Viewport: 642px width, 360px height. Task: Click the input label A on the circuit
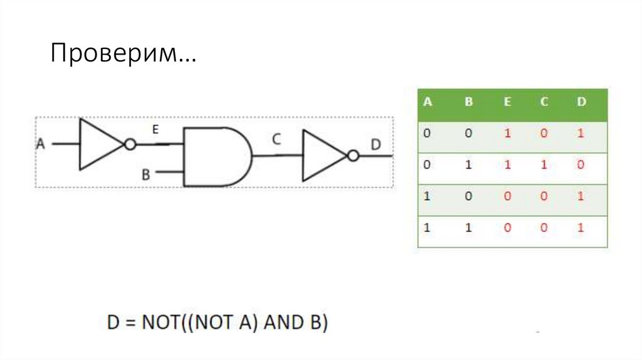pyautogui.click(x=41, y=144)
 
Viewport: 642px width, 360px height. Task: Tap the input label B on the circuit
pyautogui.click(x=146, y=174)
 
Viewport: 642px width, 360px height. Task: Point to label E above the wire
pyautogui.click(x=155, y=130)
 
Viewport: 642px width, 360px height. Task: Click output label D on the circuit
pyautogui.click(x=376, y=145)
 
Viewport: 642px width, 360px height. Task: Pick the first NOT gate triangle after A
pyautogui.click(x=99, y=144)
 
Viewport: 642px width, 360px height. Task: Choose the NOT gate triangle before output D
pyautogui.click(x=322, y=156)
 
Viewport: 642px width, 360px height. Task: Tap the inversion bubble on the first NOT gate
pyautogui.click(x=130, y=144)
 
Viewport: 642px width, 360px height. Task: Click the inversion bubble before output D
pyautogui.click(x=353, y=156)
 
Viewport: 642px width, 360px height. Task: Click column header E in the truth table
pyautogui.click(x=507, y=102)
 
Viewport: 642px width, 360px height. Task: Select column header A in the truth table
pyautogui.click(x=428, y=102)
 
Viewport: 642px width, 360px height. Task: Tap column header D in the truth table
pyautogui.click(x=581, y=102)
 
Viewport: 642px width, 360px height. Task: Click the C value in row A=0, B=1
pyautogui.click(x=544, y=165)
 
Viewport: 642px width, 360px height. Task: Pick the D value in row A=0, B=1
pyautogui.click(x=581, y=165)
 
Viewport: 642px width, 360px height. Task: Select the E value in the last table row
pyautogui.click(x=507, y=228)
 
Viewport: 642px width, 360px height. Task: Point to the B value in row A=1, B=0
pyautogui.click(x=468, y=196)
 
